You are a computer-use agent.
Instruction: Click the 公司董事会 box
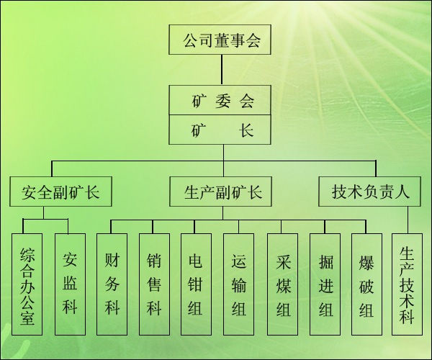point(221,40)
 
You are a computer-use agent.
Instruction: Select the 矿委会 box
point(222,100)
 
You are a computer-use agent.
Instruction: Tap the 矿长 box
point(222,131)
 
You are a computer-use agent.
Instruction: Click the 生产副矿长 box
point(222,192)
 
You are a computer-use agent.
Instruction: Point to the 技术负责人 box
point(370,192)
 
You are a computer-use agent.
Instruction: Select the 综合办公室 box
point(28,284)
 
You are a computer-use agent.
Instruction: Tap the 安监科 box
point(70,284)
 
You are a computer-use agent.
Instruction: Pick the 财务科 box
point(112,284)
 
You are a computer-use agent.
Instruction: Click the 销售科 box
point(154,284)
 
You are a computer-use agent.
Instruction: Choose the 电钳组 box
point(196,284)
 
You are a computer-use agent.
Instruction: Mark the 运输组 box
point(239,284)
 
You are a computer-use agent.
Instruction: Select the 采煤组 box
point(282,284)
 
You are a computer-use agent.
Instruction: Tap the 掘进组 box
point(325,284)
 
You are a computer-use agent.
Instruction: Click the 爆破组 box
point(366,284)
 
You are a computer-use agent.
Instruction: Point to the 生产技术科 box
point(407,284)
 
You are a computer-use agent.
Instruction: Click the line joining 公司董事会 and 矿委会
point(222,70)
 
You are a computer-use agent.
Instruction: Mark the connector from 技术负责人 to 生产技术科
point(408,220)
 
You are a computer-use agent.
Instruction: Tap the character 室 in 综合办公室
point(28,318)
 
